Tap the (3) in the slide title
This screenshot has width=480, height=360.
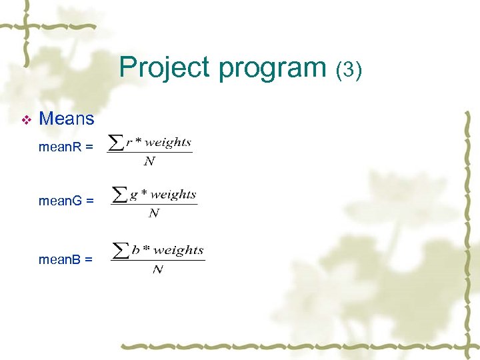[349, 69]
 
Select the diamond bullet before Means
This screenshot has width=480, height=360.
[26, 120]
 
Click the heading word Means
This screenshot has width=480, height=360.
[67, 119]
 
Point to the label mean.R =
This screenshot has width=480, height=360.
[65, 147]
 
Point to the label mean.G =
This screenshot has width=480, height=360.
[66, 200]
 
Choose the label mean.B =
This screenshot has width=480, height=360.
[65, 259]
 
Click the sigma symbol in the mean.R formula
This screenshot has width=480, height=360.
[116, 143]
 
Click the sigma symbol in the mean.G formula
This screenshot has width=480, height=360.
[120, 195]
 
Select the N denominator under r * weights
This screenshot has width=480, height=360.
[150, 161]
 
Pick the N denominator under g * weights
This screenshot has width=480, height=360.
[154, 213]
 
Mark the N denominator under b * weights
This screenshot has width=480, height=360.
[158, 269]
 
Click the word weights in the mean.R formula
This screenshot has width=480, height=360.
[167, 142]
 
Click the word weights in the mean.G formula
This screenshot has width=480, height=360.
[173, 195]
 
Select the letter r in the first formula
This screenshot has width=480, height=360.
[129, 143]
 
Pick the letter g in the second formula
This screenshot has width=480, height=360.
[133, 195]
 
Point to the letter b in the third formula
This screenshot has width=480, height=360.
[136, 251]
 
